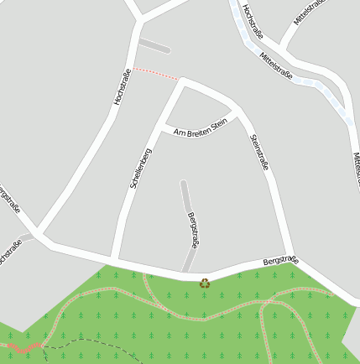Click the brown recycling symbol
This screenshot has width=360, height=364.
click(x=205, y=283)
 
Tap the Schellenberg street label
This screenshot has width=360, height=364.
click(x=140, y=168)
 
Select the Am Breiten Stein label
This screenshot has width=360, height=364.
click(x=201, y=127)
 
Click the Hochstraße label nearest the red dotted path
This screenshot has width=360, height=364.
click(x=122, y=86)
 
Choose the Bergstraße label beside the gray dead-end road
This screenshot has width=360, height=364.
click(x=193, y=229)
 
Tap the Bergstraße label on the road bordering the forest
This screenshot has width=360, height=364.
click(x=280, y=262)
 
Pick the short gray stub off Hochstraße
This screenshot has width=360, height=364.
click(x=154, y=44)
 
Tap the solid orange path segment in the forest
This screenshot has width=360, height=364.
click(x=25, y=346)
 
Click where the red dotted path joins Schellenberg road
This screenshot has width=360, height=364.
click(x=180, y=81)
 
